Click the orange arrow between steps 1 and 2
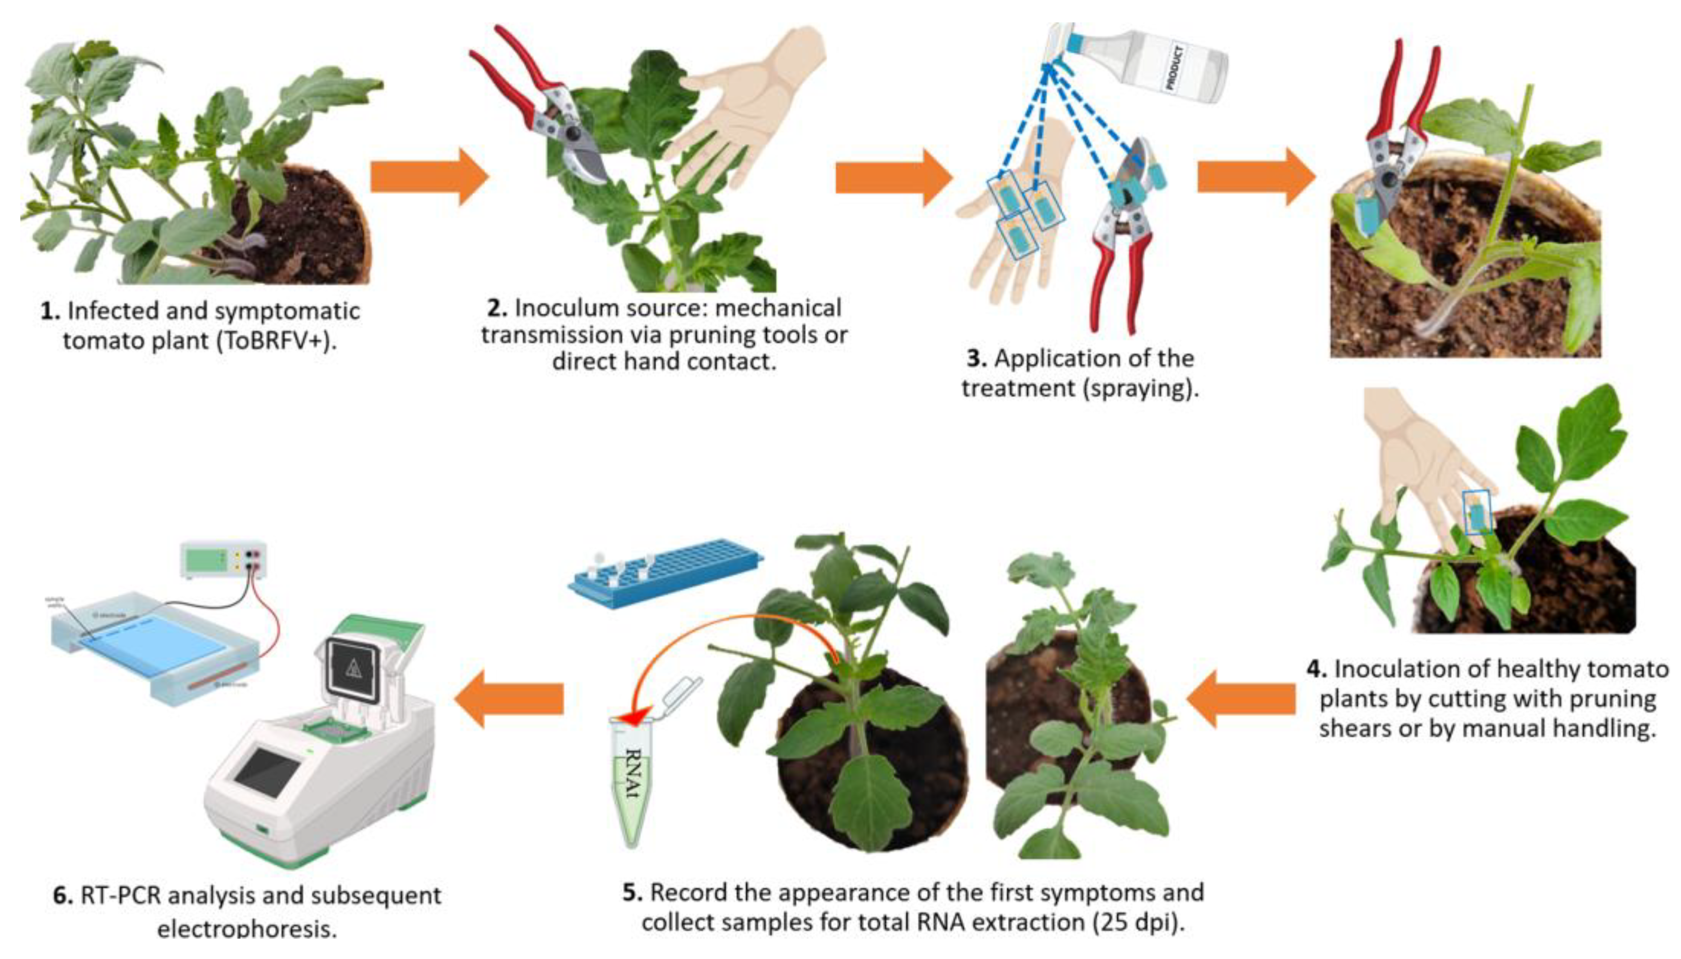(x=428, y=177)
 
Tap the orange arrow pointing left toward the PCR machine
(x=510, y=698)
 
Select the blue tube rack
(x=665, y=573)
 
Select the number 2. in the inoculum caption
(x=497, y=308)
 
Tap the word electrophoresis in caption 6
(x=247, y=928)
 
